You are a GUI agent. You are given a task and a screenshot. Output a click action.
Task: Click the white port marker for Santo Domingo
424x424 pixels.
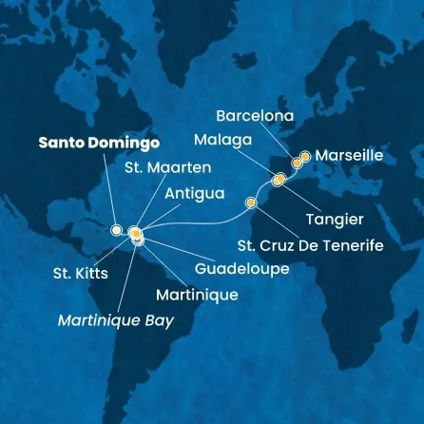[116, 230]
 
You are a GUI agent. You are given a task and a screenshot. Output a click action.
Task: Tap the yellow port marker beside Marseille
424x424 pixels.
[305, 156]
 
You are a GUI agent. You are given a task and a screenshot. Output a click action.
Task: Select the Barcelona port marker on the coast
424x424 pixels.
[297, 164]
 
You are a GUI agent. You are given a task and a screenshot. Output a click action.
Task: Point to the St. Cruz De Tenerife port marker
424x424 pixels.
[251, 202]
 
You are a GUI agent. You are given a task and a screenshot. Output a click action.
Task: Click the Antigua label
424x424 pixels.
[195, 193]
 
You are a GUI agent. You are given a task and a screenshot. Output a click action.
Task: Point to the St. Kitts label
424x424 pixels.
[80, 274]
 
